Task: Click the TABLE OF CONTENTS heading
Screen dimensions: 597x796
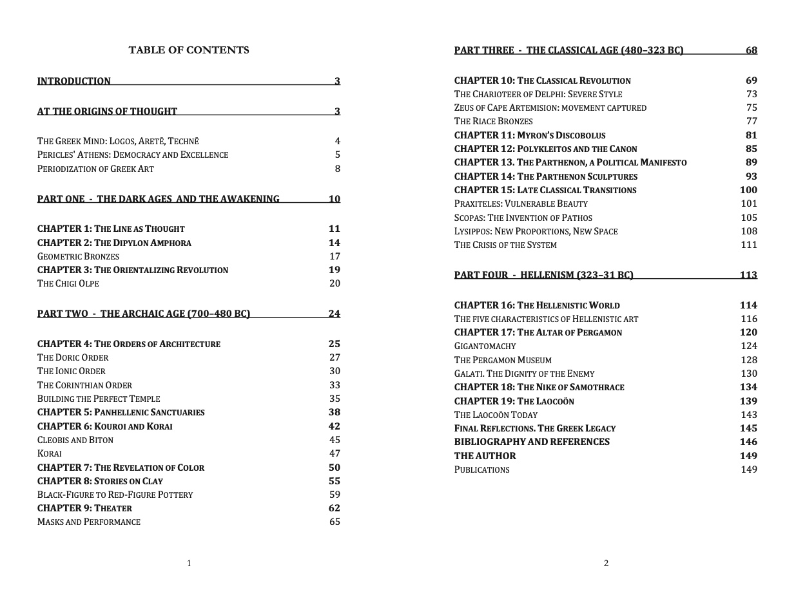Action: [189, 50]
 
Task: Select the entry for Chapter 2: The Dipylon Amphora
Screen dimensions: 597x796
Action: [114, 243]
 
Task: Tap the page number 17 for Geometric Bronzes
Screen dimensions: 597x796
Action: [335, 256]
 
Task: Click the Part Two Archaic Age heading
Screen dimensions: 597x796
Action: [144, 314]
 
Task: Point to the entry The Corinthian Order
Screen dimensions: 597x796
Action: [84, 385]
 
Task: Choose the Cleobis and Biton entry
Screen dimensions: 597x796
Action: [75, 440]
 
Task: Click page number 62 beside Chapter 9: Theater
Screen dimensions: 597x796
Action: [334, 508]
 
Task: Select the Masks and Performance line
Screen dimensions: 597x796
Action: [89, 522]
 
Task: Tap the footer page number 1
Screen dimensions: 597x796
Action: [189, 564]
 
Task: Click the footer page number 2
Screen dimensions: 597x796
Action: [606, 564]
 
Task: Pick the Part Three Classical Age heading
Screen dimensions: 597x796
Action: [568, 50]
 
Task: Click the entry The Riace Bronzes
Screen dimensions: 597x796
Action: [494, 121]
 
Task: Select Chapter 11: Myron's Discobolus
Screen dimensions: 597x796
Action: [530, 135]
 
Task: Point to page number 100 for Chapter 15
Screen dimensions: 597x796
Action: [748, 190]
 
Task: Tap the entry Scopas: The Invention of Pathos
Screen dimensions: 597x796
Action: [523, 218]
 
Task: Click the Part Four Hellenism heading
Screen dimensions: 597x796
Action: [543, 275]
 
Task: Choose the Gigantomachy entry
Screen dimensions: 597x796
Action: [485, 346]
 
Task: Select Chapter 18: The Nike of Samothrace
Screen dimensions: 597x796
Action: [539, 387]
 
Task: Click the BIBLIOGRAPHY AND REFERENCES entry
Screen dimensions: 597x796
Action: [532, 442]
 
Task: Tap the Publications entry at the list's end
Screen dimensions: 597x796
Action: [482, 469]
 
